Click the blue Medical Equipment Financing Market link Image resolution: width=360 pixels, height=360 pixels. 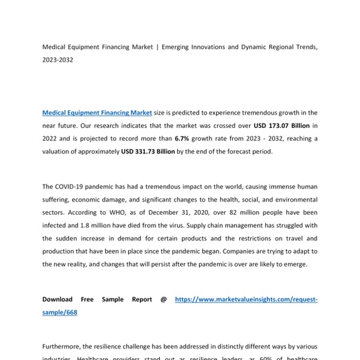88,112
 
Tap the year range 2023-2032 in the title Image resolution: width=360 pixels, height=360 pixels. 58,59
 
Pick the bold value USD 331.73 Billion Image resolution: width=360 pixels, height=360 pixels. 148,152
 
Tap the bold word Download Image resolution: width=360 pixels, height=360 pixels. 58,299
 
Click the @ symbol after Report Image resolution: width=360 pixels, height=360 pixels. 163,299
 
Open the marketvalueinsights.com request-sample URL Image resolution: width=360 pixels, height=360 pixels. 246,299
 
